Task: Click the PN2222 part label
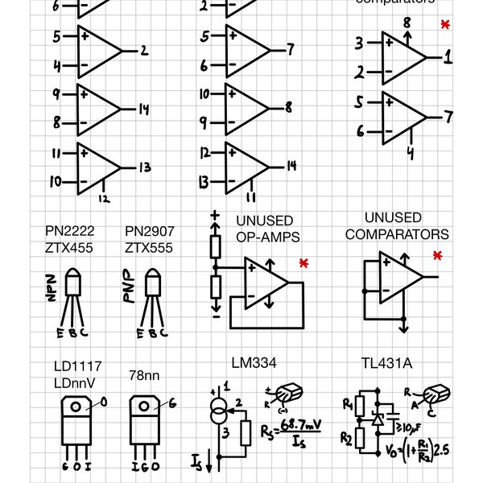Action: [69, 231]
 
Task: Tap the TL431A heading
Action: [386, 364]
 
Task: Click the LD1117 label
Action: [79, 367]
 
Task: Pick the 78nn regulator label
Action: [145, 375]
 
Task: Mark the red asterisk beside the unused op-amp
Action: [303, 264]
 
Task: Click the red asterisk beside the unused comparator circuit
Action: [437, 256]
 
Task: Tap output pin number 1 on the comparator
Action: [448, 58]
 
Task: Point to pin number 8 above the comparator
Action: [407, 22]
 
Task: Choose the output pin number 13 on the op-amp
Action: [145, 168]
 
